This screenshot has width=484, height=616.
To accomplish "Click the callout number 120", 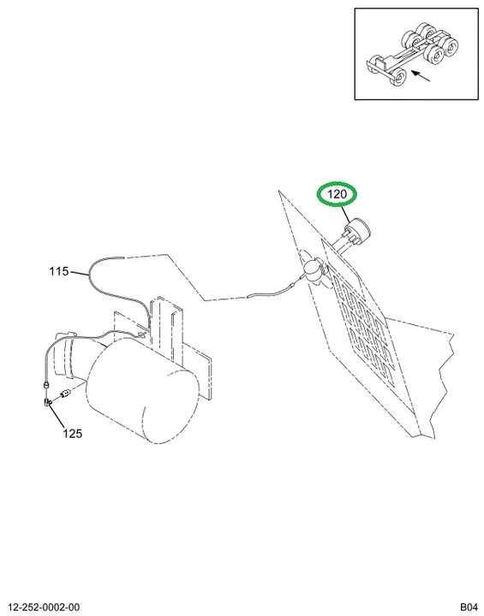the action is tap(337, 193).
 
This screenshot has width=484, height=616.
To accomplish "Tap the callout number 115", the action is tap(59, 271).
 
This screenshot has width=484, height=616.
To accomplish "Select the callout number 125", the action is tap(73, 433).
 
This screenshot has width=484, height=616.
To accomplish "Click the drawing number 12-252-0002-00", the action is tap(44, 607).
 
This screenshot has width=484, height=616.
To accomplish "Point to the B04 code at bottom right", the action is tap(469, 607).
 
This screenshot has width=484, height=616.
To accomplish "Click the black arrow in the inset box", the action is tap(421, 76).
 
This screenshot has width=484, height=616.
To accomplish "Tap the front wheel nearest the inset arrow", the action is tap(398, 77).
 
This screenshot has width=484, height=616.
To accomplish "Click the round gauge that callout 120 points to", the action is tap(358, 230).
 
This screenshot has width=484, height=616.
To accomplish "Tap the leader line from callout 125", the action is tap(57, 417).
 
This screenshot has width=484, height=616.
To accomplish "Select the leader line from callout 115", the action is tap(79, 272).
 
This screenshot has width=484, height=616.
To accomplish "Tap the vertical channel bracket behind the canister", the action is tap(167, 330).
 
